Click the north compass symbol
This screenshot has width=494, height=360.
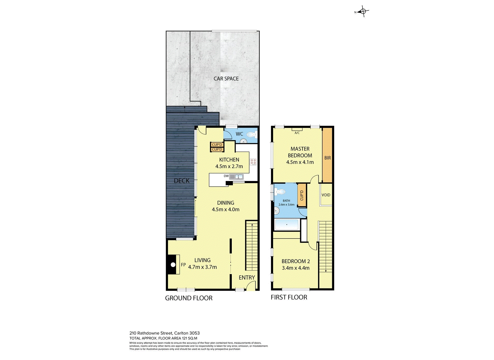click(363, 11)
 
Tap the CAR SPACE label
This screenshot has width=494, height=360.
click(226, 79)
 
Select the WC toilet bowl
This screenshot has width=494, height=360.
click(251, 134)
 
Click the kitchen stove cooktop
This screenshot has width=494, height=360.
click(253, 162)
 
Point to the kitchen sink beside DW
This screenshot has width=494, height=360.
click(236, 177)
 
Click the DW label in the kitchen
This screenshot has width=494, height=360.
click(226, 176)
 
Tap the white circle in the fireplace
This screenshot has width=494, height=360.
click(173, 264)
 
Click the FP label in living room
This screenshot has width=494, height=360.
click(183, 265)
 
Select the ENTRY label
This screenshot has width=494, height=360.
click(247, 277)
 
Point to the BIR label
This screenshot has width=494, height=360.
click(328, 158)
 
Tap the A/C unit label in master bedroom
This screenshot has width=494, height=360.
click(297, 133)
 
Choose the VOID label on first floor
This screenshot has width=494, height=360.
click(326, 195)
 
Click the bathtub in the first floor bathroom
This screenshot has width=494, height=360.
click(287, 225)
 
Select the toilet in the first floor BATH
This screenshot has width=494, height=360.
click(280, 191)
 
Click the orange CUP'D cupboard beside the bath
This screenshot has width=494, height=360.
click(302, 195)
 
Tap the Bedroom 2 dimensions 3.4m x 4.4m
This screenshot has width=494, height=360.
click(296, 268)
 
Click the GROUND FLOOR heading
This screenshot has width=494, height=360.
click(189, 298)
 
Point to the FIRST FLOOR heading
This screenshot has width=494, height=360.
click(289, 297)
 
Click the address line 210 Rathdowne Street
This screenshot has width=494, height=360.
click(164, 333)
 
